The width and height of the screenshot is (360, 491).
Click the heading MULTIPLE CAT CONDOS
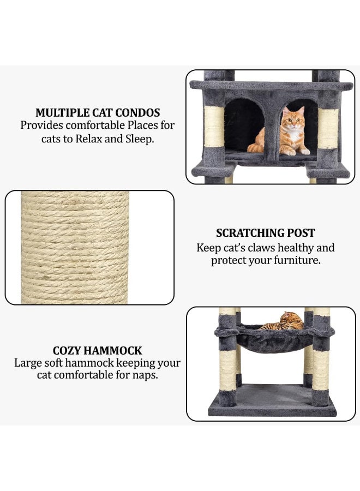point(98,113)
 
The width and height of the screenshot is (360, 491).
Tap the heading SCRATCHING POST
point(266,233)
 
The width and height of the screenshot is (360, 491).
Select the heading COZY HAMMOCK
point(97,350)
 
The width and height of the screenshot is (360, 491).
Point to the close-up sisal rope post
point(75,247)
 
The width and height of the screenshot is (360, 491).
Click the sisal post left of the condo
point(214,127)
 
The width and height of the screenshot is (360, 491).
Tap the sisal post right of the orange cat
point(328,129)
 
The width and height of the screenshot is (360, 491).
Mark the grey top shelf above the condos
point(271,86)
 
